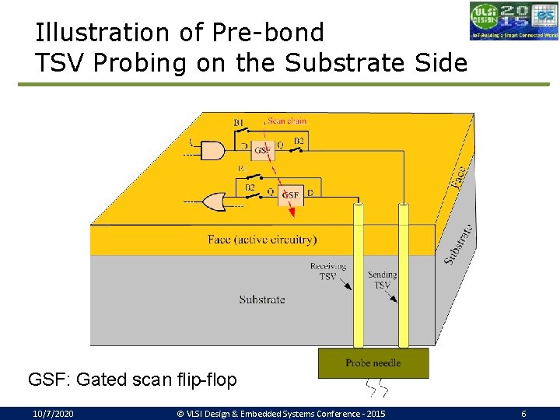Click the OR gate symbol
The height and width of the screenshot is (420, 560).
[213, 202]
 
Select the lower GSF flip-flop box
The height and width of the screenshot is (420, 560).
[290, 194]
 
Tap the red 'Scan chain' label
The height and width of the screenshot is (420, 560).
[286, 121]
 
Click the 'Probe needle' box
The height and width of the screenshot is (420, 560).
[373, 363]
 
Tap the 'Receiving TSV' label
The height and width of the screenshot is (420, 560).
[327, 271]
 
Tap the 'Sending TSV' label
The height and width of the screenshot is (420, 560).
[382, 280]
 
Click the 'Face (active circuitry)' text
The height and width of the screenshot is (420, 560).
[262, 239]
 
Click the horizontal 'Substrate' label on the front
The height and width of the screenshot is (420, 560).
[262, 299]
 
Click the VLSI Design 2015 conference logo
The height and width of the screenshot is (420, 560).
[513, 21]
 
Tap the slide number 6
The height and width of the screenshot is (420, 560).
[523, 414]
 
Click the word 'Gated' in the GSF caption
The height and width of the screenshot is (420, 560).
[100, 380]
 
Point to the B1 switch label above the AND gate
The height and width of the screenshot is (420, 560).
[239, 123]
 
